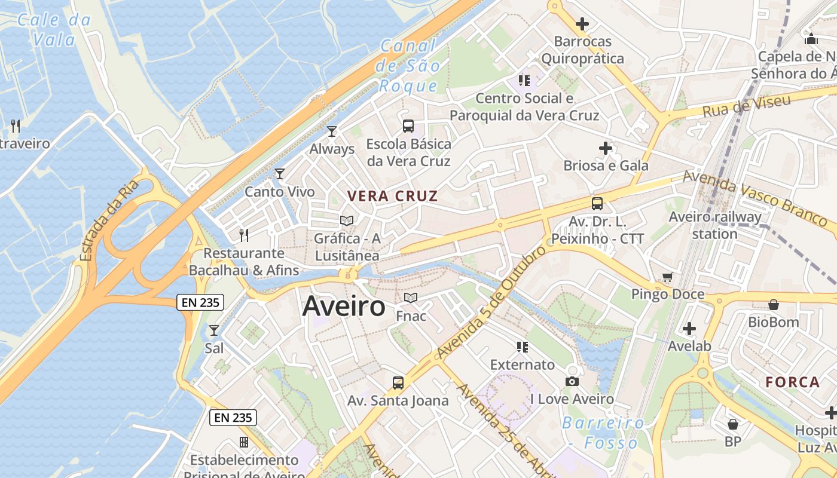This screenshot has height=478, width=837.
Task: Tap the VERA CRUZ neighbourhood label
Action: point(393,196)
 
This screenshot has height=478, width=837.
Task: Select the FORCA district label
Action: point(793,382)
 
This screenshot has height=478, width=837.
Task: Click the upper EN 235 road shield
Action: point(200,302)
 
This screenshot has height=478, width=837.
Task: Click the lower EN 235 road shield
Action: point(233,418)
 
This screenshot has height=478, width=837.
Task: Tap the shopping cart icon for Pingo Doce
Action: point(667,277)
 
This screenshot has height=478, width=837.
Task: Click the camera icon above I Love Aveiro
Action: point(572,381)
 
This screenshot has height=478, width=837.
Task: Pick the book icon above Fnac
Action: point(411,298)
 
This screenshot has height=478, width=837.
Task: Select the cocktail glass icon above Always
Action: point(332,131)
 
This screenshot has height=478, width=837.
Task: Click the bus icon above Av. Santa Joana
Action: point(398,382)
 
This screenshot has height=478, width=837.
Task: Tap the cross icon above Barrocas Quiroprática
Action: point(582,24)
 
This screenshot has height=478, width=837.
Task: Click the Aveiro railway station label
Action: point(715,225)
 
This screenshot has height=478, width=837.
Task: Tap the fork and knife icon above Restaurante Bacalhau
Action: point(244,235)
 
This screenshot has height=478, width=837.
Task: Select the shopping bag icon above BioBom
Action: point(774,305)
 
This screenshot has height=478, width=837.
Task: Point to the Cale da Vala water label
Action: point(54,30)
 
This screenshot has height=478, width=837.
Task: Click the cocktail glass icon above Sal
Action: point(213,330)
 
